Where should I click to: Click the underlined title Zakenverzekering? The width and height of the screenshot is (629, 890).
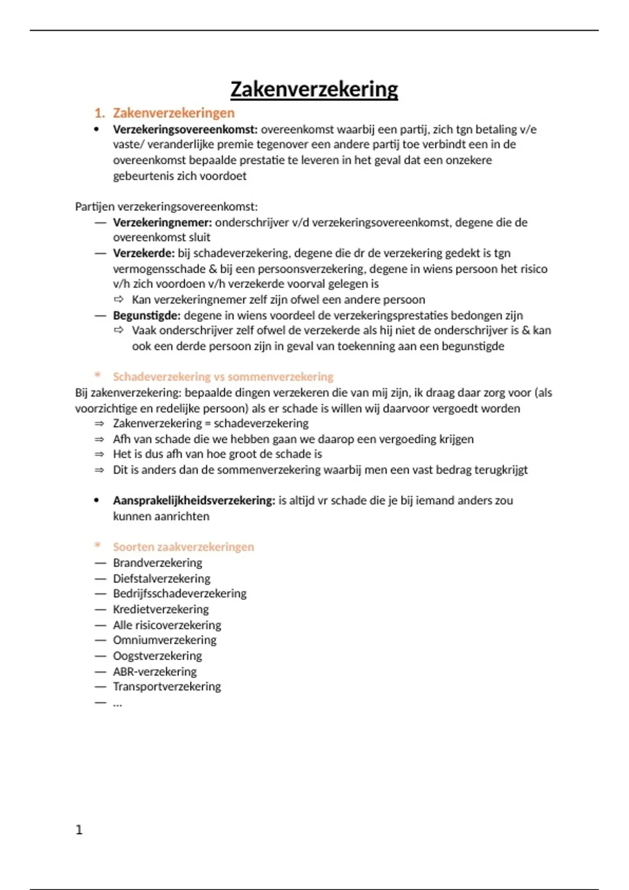314,89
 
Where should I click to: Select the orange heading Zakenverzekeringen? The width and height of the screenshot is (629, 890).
173,113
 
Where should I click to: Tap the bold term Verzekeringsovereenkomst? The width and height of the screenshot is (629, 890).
185,129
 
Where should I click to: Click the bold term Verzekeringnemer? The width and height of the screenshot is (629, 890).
162,222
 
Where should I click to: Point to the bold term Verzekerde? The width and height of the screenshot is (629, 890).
144,253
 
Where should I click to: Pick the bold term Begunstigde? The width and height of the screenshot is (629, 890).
147,315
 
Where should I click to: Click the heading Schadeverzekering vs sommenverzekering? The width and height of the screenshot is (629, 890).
223,377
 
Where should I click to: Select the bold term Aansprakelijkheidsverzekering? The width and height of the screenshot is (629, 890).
194,500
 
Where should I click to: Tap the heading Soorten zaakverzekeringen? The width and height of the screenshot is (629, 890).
183,547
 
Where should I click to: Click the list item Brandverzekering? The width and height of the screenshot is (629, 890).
157,563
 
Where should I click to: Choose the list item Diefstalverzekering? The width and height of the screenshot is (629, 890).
161,578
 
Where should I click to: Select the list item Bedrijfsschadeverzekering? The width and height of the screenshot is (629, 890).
180,594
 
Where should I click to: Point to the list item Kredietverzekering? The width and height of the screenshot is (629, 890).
161,609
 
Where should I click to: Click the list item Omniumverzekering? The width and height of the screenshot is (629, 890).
165,640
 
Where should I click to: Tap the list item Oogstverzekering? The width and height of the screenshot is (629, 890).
157,656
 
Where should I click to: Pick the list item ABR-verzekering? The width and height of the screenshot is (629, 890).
155,671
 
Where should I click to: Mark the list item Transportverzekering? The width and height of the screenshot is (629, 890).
167,686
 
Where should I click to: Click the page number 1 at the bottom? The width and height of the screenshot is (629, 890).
79,830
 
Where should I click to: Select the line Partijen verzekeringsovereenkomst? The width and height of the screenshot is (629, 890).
166,207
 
